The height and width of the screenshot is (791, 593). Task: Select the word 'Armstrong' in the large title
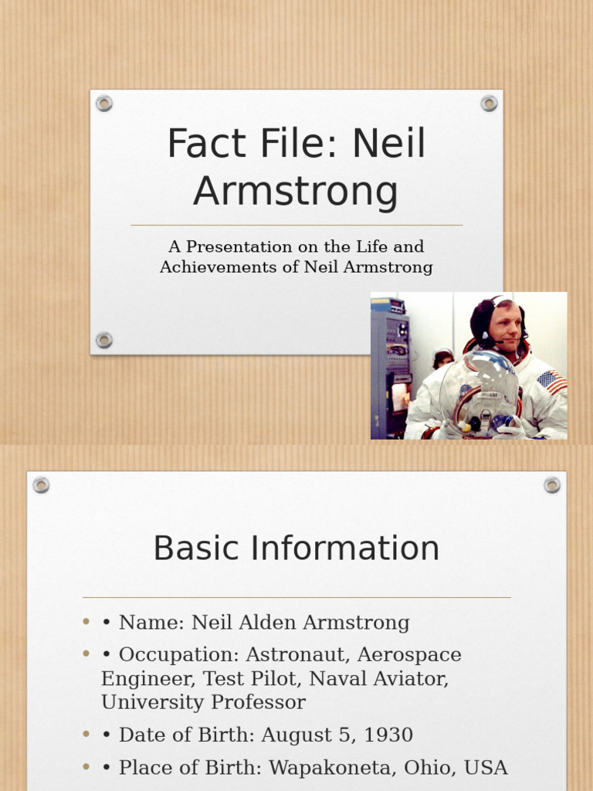pos(296,191)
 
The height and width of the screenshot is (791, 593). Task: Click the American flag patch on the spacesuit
pos(551,380)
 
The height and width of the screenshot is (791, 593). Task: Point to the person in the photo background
pos(442,358)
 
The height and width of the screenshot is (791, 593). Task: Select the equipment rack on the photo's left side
pos(389,363)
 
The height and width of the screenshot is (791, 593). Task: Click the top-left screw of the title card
pos(104,104)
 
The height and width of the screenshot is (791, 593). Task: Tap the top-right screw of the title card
pos(489,104)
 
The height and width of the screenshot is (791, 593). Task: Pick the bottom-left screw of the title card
pos(104,340)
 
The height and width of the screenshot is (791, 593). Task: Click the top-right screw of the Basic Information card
pos(551,485)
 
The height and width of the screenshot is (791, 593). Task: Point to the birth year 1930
pos(389,735)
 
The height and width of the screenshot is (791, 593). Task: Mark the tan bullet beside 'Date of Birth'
pos(87,735)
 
